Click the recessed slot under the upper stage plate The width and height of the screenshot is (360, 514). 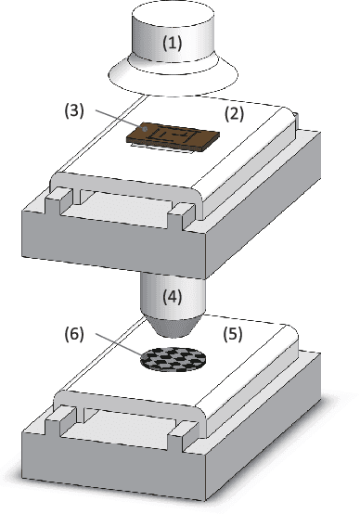tap(116, 208)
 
